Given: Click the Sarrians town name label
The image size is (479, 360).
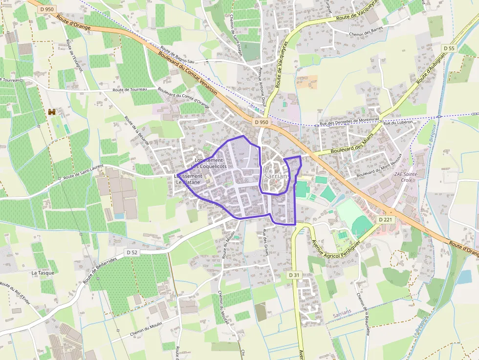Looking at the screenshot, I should pos(276,176).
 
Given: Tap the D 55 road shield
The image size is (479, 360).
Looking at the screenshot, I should pos(449,48).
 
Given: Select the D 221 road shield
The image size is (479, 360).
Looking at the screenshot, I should pos(386,220).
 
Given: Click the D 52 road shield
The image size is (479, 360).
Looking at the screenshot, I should pos(131,252).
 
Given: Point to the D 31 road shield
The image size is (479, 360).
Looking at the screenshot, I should pos(293,275).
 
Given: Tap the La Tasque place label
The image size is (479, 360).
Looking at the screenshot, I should pos(43,273).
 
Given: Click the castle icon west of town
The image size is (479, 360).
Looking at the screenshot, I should pos(52,112).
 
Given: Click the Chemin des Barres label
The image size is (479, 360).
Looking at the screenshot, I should pos(368,34).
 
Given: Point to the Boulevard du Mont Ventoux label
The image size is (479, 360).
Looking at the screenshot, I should pos(379,168).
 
